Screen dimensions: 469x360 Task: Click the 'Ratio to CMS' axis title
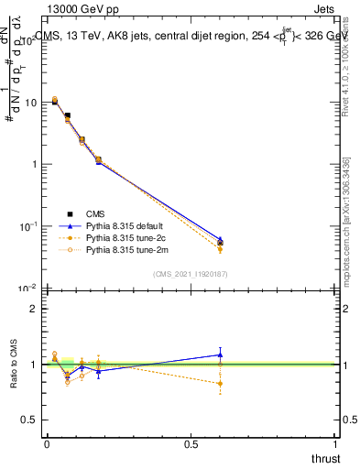tap(14, 364)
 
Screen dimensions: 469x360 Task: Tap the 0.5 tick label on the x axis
tap(191, 443)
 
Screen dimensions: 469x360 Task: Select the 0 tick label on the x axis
tap(47, 443)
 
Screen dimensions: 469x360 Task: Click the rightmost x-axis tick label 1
tap(335, 443)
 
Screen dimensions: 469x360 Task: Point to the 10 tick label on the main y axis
tap(30, 103)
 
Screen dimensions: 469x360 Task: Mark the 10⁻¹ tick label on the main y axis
tap(28, 225)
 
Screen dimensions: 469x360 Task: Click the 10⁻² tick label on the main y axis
tap(28, 288)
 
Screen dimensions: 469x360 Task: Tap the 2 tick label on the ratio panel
tap(34, 309)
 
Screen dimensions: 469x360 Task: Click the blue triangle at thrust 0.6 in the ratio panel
tap(220, 354)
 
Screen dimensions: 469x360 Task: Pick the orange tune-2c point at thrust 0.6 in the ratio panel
tap(220, 384)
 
